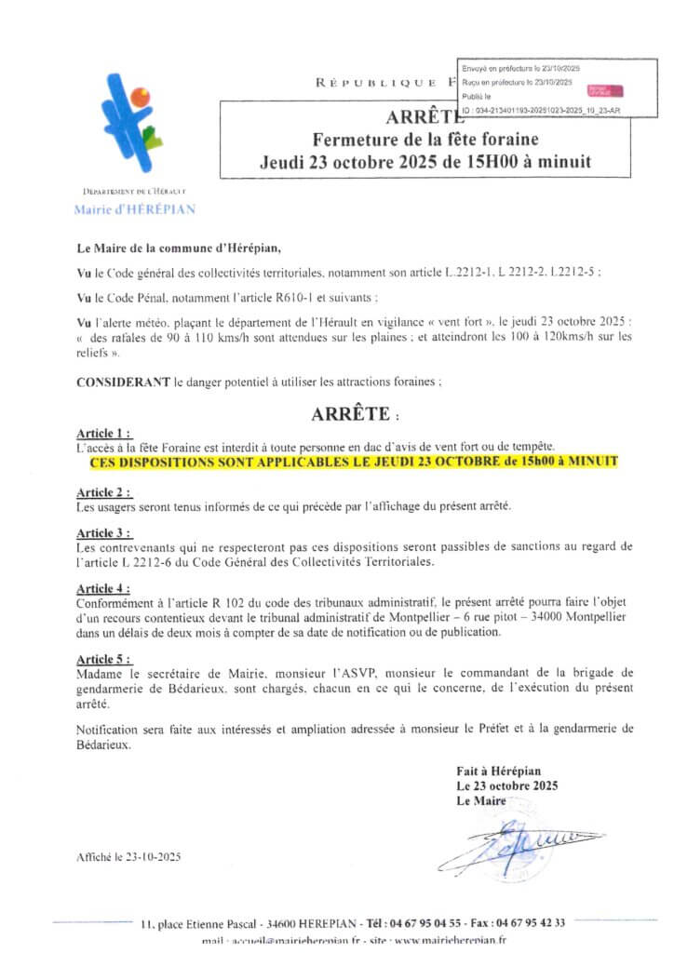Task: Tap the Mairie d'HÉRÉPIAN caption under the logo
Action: point(134,209)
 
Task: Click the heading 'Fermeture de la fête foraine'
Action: point(414,140)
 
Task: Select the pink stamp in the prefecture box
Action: point(604,91)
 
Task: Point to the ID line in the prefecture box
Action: point(541,110)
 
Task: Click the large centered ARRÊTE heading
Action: point(350,412)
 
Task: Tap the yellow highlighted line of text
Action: point(354,462)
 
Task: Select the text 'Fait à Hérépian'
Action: point(498,772)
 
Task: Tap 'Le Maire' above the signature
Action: point(480,800)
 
